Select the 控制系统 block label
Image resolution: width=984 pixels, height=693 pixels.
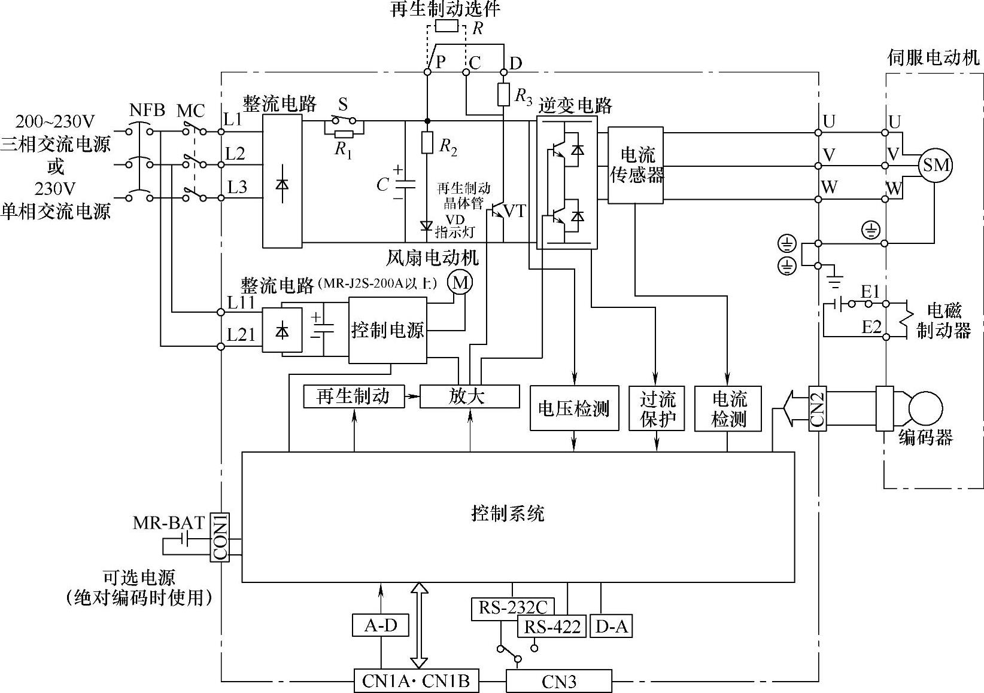click(508, 514)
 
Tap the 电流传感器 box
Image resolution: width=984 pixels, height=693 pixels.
click(636, 165)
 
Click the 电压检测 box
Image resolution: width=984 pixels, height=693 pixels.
click(574, 408)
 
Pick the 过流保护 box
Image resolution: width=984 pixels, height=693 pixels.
click(657, 408)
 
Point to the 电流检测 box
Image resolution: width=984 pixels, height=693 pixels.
click(728, 408)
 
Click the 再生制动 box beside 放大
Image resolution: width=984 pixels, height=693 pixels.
click(353, 396)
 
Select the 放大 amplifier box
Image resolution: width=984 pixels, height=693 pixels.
click(469, 396)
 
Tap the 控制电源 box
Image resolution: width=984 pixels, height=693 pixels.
click(387, 331)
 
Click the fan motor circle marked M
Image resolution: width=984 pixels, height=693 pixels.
click(460, 282)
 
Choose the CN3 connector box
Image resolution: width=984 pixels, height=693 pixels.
click(559, 681)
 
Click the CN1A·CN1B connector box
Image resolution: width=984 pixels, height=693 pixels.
click(416, 680)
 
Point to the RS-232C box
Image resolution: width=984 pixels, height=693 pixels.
click(512, 607)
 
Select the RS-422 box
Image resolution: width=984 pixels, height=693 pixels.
click(552, 627)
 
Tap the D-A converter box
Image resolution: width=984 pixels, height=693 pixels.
click(611, 626)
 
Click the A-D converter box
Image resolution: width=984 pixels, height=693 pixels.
click(381, 625)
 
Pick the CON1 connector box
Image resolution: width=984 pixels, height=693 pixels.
click(220, 536)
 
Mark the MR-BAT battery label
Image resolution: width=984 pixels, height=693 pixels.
click(169, 523)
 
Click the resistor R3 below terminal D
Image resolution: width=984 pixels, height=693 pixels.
click(503, 94)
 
